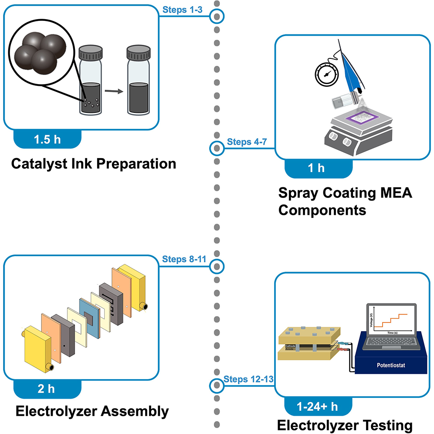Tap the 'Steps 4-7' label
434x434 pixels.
pyautogui.click(x=245, y=142)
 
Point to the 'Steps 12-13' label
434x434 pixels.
pyautogui.click(x=248, y=379)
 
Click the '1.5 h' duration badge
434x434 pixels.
pyautogui.click(x=47, y=139)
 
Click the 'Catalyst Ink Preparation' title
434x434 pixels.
pyautogui.click(x=93, y=164)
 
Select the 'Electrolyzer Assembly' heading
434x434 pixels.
pyautogui.click(x=92, y=411)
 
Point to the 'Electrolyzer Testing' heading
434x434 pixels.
pyautogui.click(x=344, y=425)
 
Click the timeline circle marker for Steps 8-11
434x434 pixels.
pyautogui.click(x=217, y=266)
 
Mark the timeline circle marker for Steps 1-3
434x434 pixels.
pyautogui.click(x=217, y=17)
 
